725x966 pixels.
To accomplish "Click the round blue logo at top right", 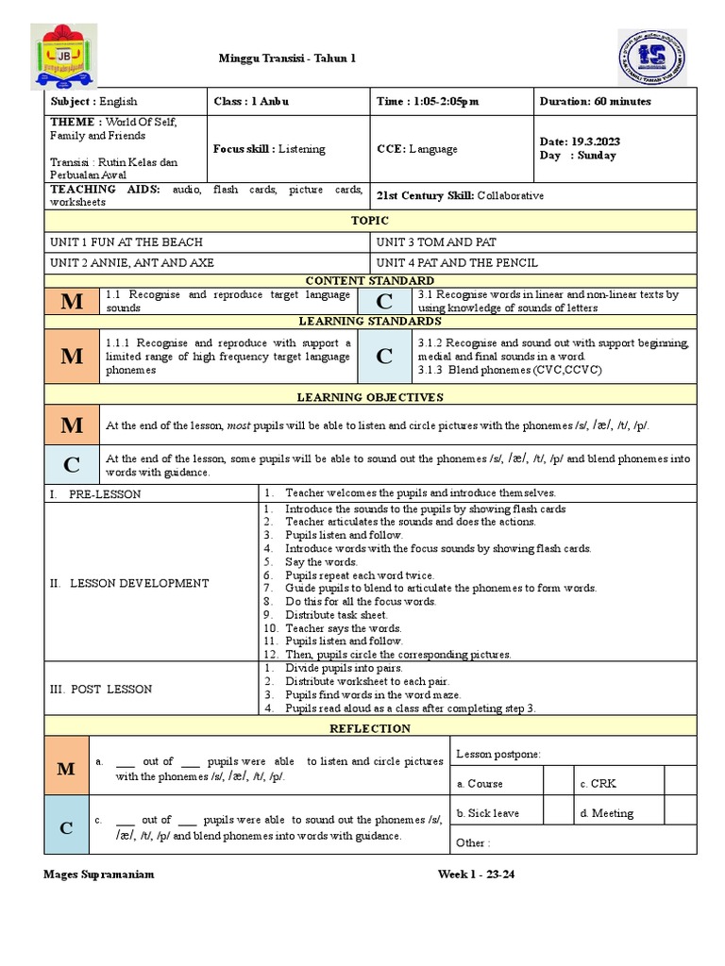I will tap(652, 57).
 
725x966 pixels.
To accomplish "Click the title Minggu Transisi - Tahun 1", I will tap(288, 58).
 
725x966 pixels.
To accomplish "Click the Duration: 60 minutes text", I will tap(595, 101).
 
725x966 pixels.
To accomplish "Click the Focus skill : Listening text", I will tap(269, 149).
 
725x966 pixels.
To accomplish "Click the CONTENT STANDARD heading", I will tap(370, 280).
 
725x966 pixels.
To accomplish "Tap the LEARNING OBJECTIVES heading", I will tap(370, 397).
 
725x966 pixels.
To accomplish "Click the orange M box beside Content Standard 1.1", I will tap(72, 301).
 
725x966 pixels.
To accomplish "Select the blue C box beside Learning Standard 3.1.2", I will tap(384, 356).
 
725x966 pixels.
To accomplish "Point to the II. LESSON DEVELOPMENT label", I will tap(129, 583).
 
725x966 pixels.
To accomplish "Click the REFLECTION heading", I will tap(370, 728).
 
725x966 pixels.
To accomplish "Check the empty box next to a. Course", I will tap(558, 783).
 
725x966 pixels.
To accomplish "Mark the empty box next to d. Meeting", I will tap(680, 813).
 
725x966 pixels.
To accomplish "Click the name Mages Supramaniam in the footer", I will tap(99, 874).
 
